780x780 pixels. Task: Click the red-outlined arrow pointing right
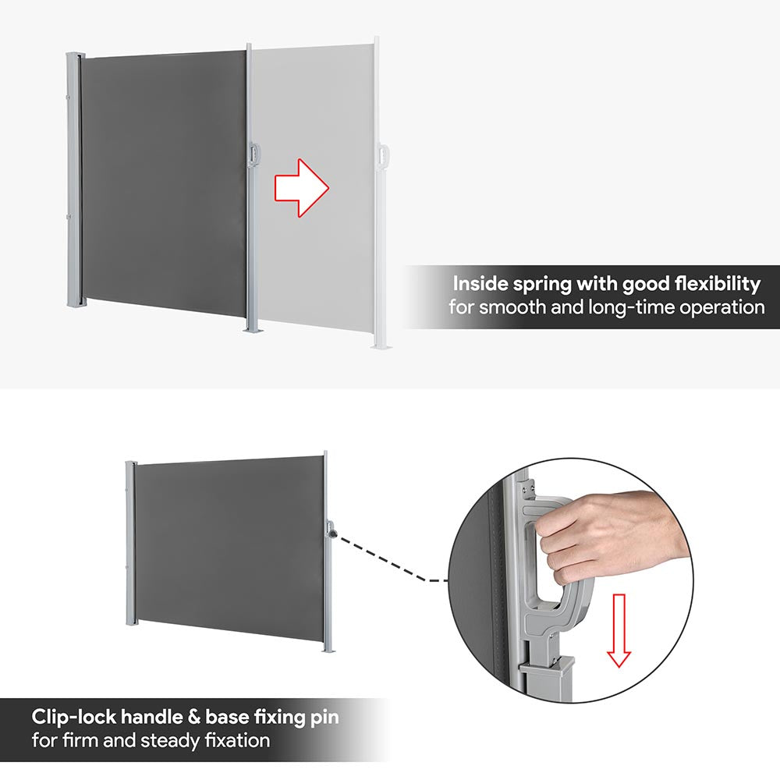click(301, 188)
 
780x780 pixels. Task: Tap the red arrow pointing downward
click(619, 629)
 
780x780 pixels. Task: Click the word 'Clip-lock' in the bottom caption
click(73, 718)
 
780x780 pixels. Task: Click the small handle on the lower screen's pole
click(331, 529)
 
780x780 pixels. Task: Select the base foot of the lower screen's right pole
click(328, 649)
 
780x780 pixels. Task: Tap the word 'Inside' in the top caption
click(480, 284)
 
